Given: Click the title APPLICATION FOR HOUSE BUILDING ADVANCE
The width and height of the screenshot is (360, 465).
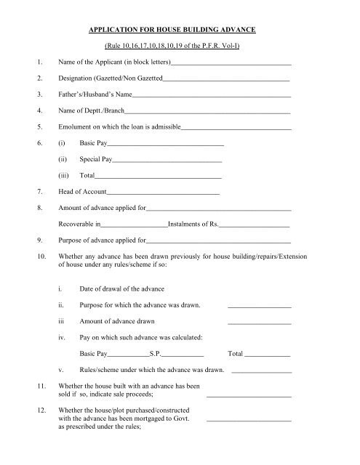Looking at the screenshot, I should click(x=180, y=33).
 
